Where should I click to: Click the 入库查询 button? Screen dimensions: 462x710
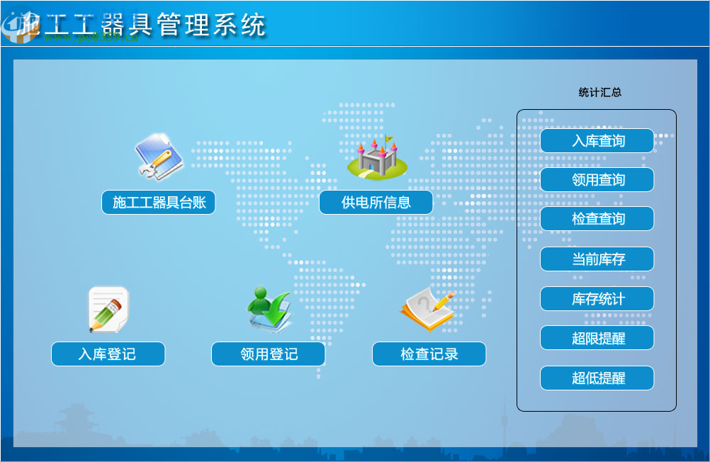tap(597, 140)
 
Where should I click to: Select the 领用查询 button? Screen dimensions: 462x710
tap(597, 180)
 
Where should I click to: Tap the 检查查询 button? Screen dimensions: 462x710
tap(597, 219)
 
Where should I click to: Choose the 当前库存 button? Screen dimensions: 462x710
tap(597, 259)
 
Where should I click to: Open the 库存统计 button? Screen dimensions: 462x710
tap(597, 299)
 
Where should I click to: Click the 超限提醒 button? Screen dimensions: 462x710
tap(597, 339)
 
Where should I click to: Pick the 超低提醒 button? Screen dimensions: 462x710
tap(597, 378)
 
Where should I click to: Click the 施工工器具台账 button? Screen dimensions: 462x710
tap(158, 203)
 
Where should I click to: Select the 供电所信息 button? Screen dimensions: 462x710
tap(376, 203)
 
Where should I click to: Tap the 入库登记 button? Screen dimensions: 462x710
tap(108, 354)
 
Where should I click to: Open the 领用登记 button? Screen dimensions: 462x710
tap(268, 354)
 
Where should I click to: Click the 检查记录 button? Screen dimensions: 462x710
tap(429, 354)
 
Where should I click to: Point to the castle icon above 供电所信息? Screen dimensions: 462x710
tap(377, 159)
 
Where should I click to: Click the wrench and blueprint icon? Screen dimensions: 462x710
tap(159, 157)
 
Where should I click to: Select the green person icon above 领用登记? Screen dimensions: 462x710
tap(269, 309)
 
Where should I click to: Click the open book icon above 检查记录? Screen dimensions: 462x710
tap(427, 310)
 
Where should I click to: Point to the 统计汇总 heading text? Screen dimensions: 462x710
tap(599, 92)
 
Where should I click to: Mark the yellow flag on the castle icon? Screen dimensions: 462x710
tap(389, 140)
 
